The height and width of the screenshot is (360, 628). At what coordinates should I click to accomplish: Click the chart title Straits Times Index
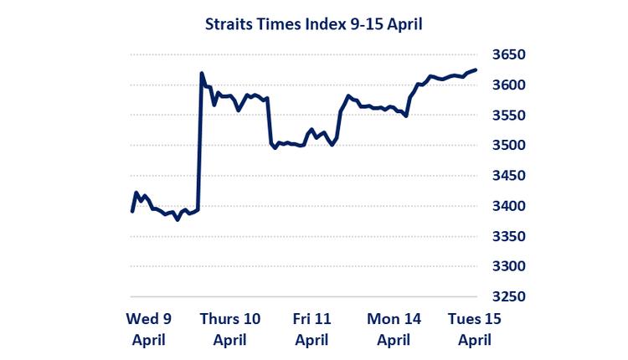point(313,24)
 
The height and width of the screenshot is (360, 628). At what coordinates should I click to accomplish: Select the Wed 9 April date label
point(148,329)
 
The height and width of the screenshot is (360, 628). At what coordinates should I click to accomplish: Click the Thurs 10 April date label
point(229,329)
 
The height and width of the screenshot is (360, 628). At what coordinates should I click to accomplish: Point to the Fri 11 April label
point(311,329)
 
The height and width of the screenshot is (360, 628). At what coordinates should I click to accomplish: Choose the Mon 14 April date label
point(394,329)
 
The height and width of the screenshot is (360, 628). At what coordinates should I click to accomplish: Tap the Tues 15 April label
point(474,329)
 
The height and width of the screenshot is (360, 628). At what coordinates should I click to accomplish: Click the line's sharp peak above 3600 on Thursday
point(202,74)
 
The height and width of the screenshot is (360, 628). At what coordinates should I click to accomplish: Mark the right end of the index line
point(476,69)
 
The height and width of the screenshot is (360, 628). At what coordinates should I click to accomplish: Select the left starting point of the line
point(132,211)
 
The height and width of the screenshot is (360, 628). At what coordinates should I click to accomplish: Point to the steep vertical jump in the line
point(199,142)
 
